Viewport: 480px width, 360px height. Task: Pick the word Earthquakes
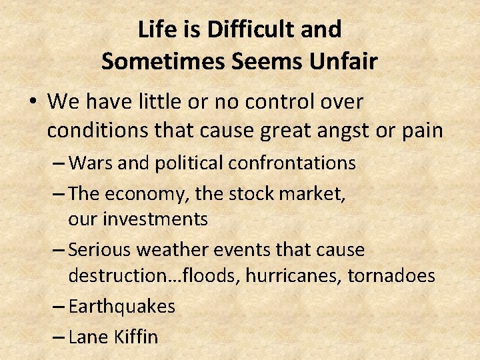tap(122, 307)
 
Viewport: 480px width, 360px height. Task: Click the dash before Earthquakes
tap(57, 307)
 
